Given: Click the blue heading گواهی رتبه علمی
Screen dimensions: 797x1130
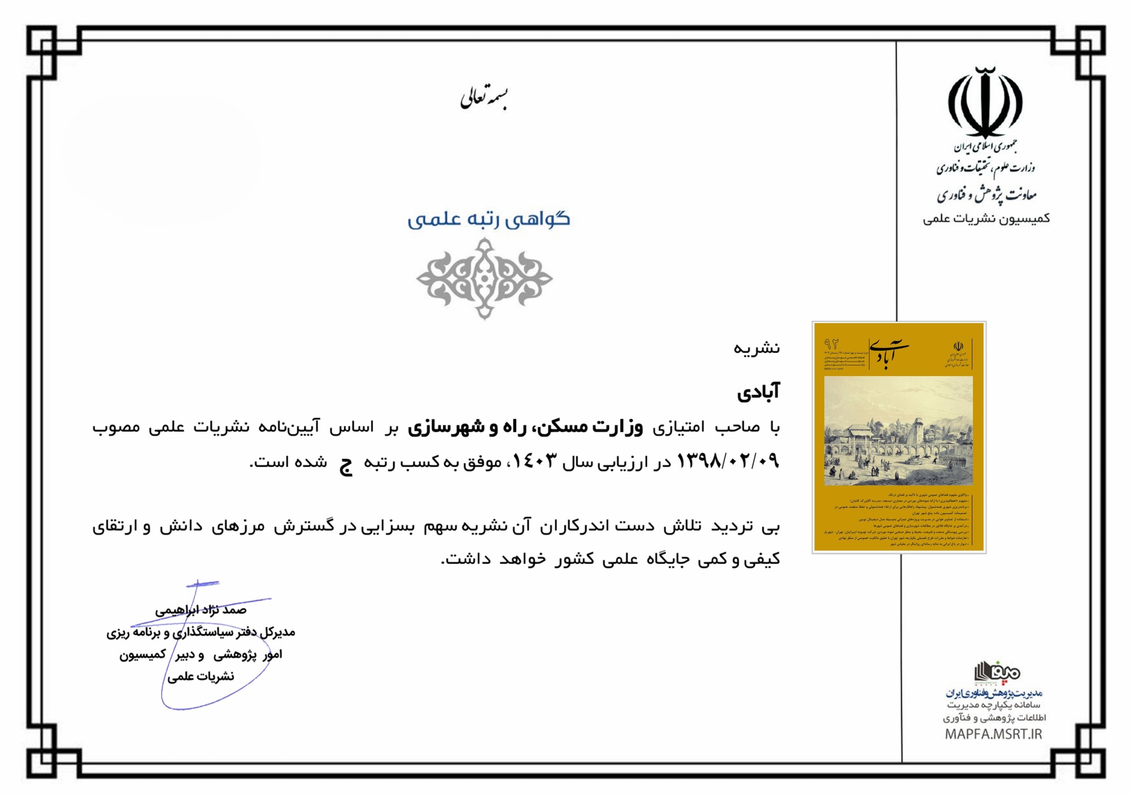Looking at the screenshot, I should (489, 219).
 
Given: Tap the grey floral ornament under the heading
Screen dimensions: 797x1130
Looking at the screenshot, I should (484, 278).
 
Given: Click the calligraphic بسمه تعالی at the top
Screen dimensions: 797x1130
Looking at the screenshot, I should (484, 98).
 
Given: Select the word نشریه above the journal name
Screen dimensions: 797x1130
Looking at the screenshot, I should (757, 348).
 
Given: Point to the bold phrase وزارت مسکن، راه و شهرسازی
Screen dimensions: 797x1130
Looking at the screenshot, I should (525, 426).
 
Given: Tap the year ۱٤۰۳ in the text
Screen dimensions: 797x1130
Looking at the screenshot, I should (534, 461).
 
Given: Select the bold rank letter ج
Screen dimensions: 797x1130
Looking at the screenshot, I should (346, 464).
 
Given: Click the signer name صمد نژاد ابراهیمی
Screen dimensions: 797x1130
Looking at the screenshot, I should (201, 610).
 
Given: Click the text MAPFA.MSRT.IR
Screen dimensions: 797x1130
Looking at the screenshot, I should (993, 734).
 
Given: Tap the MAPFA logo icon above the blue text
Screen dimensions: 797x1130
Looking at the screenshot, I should (996, 672).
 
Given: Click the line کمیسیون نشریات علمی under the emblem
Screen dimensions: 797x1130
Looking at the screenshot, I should (986, 219).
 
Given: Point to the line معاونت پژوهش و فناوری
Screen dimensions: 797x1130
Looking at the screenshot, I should (986, 195).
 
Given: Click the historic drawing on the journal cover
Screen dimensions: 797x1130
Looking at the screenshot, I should (898, 431).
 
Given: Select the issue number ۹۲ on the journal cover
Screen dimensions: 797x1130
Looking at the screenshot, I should (831, 344).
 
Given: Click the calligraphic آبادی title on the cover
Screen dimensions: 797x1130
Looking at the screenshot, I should (889, 353).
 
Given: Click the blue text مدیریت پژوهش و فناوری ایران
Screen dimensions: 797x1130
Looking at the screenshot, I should (994, 693).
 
